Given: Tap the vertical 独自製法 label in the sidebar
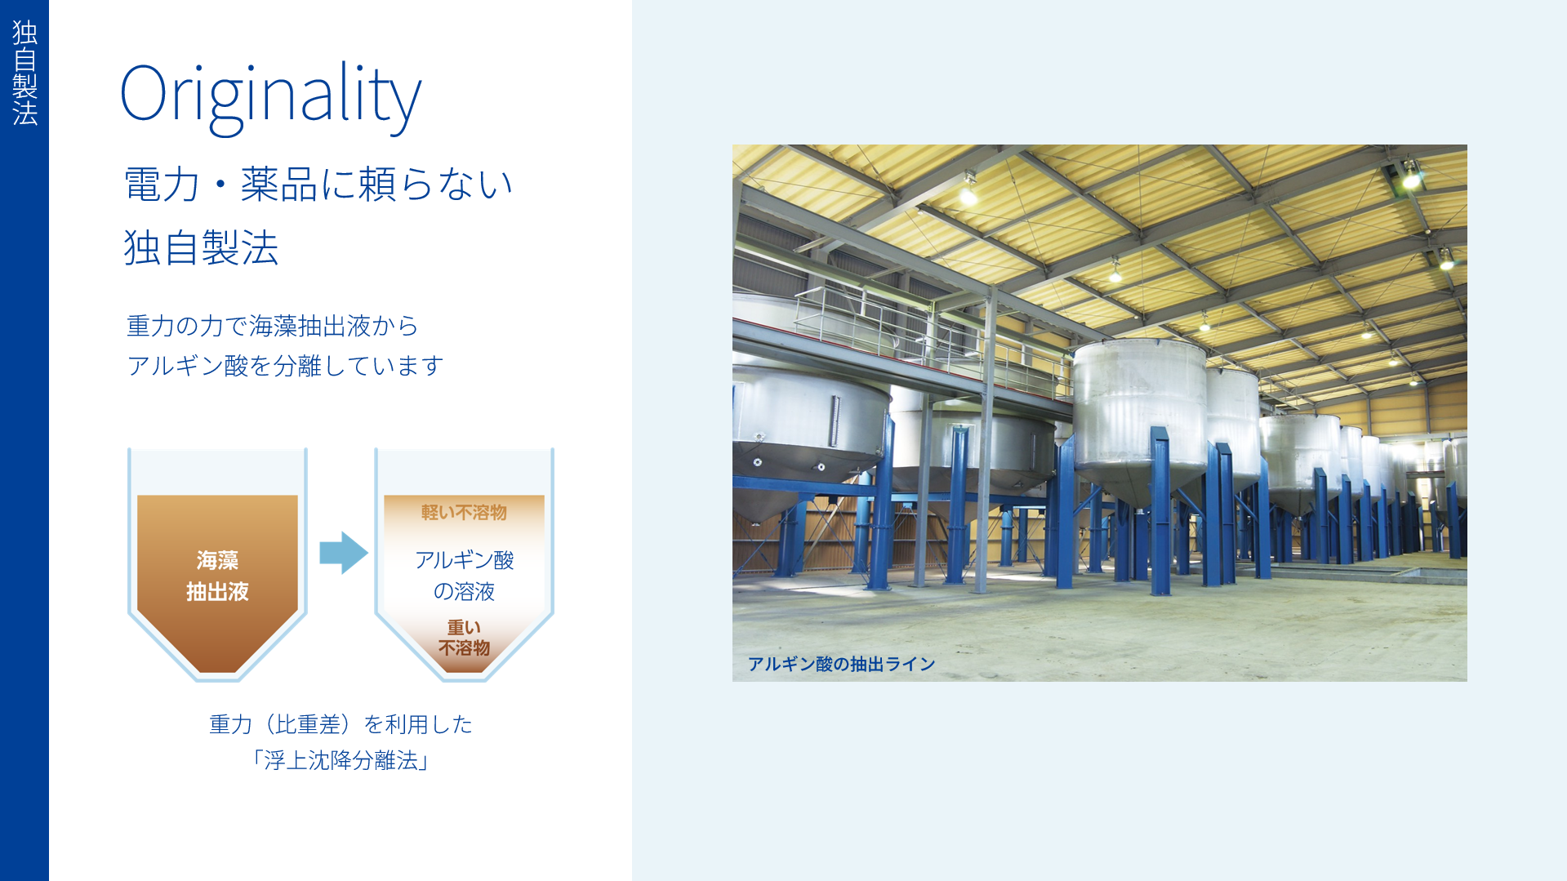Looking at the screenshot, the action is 24,73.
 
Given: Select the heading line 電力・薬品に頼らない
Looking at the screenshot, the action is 318,184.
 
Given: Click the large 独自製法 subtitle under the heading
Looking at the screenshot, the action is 201,247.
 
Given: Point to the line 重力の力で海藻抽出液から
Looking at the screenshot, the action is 272,326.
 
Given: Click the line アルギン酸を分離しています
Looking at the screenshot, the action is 285,365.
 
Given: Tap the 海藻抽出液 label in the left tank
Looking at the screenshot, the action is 217,576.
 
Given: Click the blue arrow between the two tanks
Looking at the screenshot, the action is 344,553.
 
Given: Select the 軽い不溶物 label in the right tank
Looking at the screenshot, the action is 464,513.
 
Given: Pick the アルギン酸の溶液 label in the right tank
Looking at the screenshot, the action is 464,576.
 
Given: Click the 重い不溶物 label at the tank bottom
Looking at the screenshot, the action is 464,638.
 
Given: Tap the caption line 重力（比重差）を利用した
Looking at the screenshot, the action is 341,724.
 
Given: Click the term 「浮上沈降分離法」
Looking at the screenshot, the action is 341,760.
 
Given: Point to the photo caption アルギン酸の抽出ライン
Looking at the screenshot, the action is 841,664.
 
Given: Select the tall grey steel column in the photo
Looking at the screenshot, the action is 989,441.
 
